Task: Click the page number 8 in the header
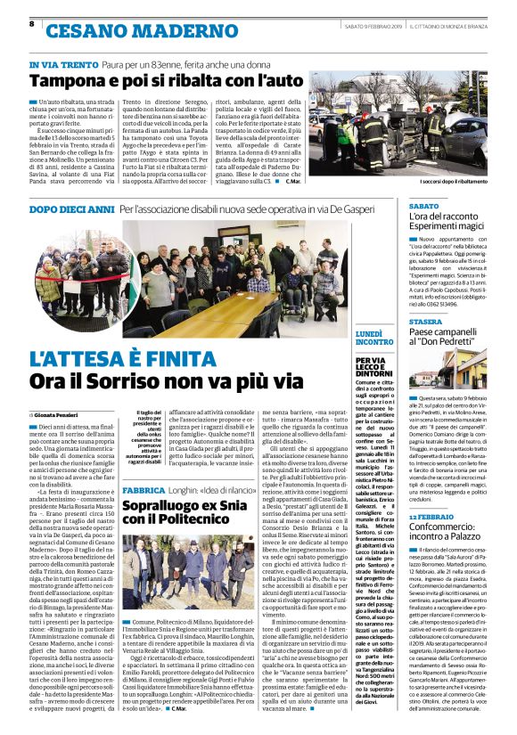point(32,24)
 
